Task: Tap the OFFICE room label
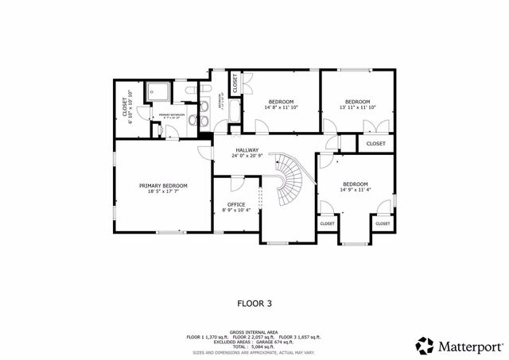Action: pos(236,204)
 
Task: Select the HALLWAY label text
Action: pos(248,149)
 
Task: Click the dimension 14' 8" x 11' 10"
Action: pos(281,108)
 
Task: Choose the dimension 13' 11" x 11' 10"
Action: pos(357,108)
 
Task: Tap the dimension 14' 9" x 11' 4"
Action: pos(356,190)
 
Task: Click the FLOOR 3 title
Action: pos(254,303)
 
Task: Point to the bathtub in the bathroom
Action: pos(235,110)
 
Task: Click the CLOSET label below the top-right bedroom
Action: pos(376,144)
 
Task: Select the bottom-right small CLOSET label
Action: pos(383,224)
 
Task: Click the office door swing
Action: pos(238,184)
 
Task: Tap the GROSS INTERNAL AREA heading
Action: pos(254,331)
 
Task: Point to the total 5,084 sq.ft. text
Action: pos(254,347)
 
